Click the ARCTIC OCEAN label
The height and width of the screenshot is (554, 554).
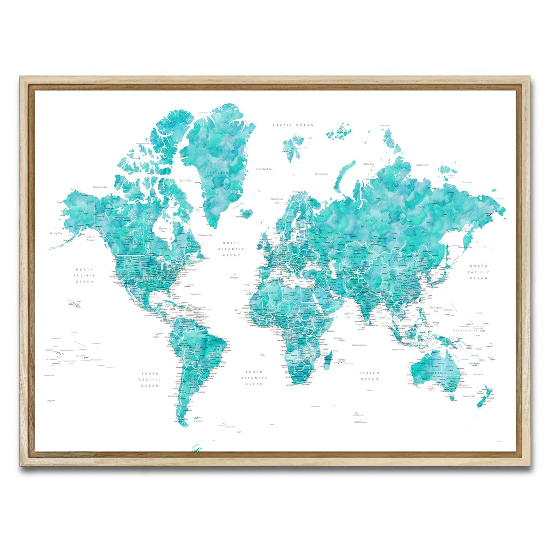[293, 125]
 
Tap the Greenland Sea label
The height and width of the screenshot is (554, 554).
[265, 169]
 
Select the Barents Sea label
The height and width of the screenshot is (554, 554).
[321, 174]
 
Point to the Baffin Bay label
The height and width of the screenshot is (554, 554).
[186, 181]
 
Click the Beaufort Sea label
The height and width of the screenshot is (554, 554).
[100, 187]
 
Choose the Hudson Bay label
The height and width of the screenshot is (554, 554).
[163, 230]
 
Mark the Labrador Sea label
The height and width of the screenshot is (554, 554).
[205, 235]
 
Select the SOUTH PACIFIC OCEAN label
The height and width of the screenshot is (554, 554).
[150, 379]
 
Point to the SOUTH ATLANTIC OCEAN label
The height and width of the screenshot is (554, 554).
[254, 378]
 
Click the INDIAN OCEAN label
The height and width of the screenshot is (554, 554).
[369, 376]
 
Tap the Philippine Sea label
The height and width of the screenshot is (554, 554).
[436, 309]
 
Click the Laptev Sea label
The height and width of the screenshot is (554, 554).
[422, 165]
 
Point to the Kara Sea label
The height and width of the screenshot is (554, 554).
[369, 164]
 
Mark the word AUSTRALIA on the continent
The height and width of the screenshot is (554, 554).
[436, 373]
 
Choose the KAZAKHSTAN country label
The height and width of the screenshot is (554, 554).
[354, 256]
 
